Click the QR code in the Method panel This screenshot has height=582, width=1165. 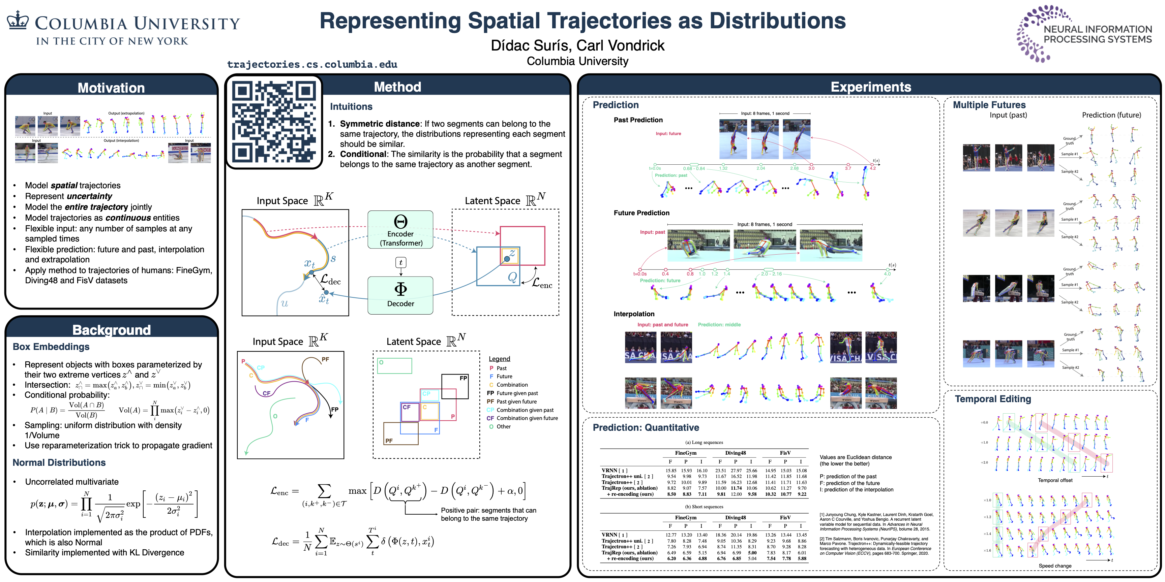pos(274,122)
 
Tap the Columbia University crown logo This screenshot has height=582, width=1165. pos(18,20)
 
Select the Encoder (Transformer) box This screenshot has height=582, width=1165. pos(400,230)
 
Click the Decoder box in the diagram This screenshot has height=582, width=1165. pos(400,295)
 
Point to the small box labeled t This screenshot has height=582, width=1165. pos(401,262)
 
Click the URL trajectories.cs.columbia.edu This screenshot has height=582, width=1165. pos(312,64)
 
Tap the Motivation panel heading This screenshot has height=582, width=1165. pos(111,88)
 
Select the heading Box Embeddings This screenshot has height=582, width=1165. pos(51,347)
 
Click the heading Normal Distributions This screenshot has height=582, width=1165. pos(59,462)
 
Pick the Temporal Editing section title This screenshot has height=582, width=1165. pos(993,399)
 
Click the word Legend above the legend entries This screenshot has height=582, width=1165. pos(499,359)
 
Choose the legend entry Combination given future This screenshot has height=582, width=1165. pos(527,418)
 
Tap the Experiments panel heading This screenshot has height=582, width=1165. pos(871,87)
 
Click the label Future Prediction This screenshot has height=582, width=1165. pos(641,213)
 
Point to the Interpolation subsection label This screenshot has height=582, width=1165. pos(634,314)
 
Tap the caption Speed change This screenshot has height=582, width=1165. pos(1055,566)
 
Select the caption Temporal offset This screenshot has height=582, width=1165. pos(1055,480)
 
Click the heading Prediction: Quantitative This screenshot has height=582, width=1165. pos(646,427)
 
